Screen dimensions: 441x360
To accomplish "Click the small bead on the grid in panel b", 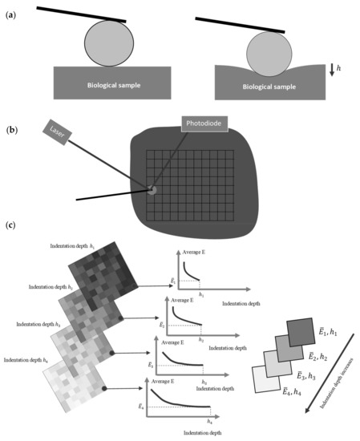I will [x=151, y=190].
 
